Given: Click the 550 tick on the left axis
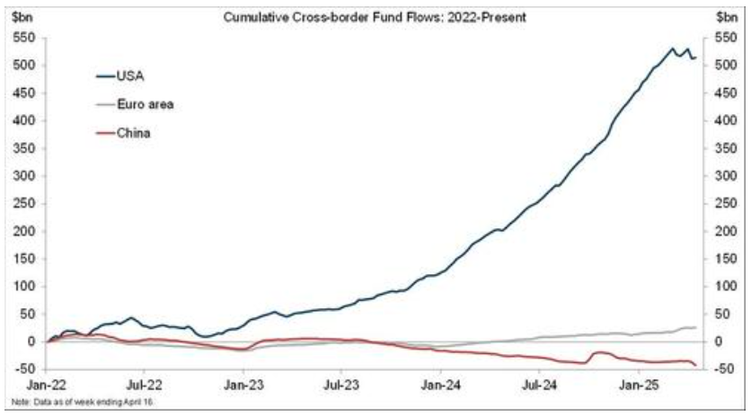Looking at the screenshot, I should [24, 39].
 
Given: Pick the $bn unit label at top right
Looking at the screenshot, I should [729, 17].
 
